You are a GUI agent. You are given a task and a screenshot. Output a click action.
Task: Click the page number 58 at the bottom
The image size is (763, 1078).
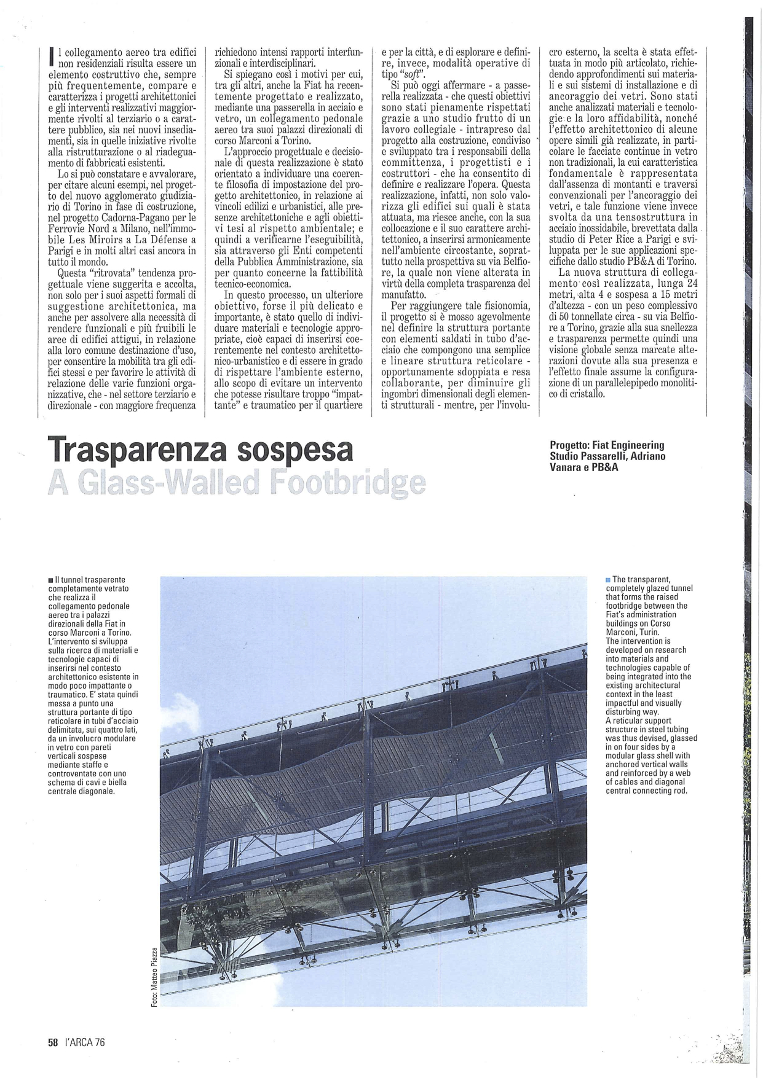coord(53,1042)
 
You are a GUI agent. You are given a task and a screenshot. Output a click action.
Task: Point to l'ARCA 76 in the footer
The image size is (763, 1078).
coord(85,1042)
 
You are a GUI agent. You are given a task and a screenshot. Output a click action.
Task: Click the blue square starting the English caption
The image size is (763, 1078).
coord(608,579)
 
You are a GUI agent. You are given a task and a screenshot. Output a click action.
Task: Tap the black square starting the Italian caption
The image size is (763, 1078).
coord(50,580)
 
